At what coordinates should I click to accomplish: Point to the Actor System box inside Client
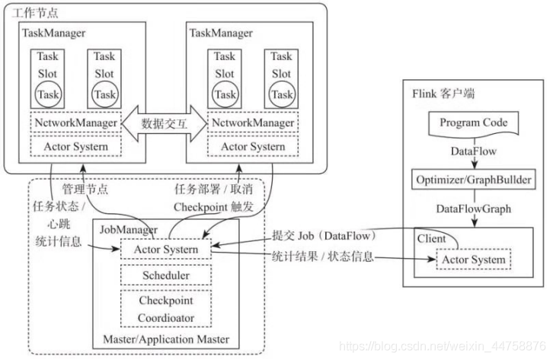472,260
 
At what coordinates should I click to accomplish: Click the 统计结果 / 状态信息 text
323,256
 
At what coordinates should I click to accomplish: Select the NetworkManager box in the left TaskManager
75,123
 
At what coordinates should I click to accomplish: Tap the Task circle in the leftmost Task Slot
48,94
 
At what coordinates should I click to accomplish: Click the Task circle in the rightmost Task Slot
281,94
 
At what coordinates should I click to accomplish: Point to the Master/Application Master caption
165,339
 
